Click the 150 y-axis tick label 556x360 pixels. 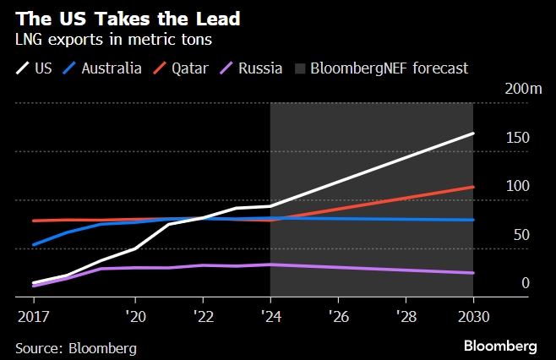[518, 137]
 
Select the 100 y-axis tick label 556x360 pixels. [518, 186]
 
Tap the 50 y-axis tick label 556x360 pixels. [521, 234]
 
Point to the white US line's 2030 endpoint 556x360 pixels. [472, 134]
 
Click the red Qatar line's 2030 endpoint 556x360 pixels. [472, 187]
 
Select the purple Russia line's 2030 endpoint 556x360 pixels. [472, 273]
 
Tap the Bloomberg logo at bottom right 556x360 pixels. [500, 346]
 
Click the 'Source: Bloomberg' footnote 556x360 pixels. [76, 347]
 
